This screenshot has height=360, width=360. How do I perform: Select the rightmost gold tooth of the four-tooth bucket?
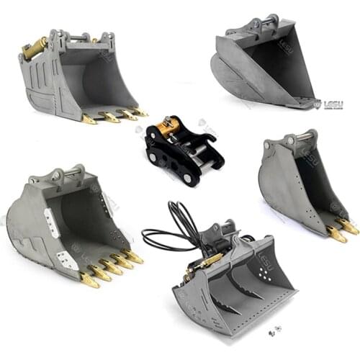point(140,112)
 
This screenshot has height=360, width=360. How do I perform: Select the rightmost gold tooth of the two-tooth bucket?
point(348,227)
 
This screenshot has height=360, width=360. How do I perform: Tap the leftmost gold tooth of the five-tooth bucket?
point(89,280)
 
